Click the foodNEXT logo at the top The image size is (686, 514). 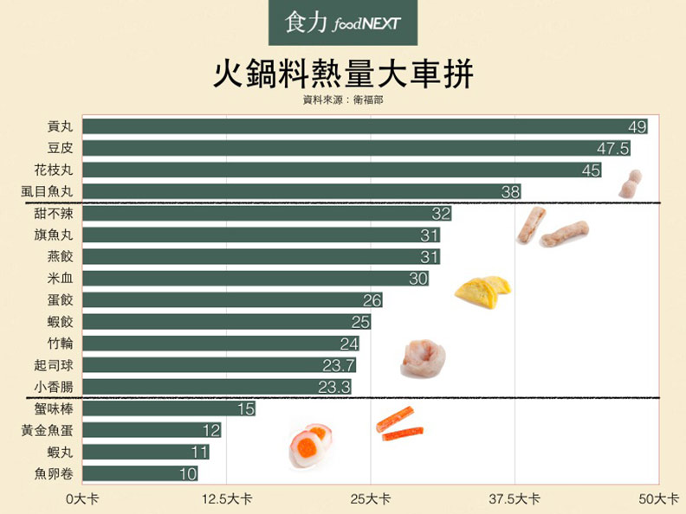tap(342, 23)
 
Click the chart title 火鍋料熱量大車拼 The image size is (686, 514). tap(343, 74)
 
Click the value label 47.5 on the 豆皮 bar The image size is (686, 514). tap(612, 149)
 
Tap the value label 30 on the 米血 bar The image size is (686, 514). tap(418, 279)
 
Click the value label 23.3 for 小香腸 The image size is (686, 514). tap(333, 387)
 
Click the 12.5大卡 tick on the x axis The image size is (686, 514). tap(227, 499)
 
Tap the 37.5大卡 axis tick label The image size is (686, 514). tap(515, 499)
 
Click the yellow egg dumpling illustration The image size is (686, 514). tap(482, 291)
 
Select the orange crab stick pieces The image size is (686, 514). tap(398, 425)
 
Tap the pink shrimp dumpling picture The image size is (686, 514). tap(424, 358)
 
